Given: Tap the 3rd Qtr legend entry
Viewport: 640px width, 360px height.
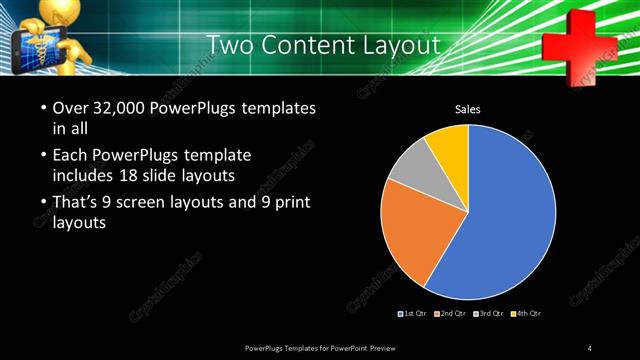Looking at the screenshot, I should pos(488,314).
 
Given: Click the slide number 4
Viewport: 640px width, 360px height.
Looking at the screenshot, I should pos(590,347).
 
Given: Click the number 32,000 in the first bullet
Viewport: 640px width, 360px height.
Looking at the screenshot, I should pos(120,107).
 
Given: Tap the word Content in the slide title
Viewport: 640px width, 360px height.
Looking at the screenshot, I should pos(304,45).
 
